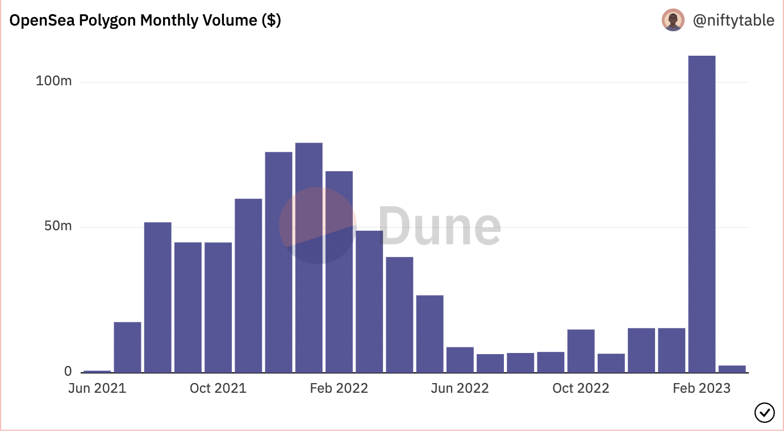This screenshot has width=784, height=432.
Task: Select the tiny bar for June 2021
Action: pos(97,371)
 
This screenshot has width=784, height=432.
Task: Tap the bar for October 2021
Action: pos(218,308)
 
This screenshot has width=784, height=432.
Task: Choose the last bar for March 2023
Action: pos(732,369)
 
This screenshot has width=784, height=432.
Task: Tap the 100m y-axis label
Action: pos(54,81)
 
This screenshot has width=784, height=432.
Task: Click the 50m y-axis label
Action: pos(58,226)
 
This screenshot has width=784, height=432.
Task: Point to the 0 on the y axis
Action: pos(68,371)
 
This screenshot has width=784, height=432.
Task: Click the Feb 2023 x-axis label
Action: pos(701,388)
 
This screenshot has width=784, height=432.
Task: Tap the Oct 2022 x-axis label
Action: pos(581,388)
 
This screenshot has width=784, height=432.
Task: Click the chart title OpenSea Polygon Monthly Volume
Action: pos(145,20)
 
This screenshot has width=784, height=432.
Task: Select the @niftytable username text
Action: pos(733,20)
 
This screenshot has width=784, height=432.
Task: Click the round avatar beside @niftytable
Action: pos(673,20)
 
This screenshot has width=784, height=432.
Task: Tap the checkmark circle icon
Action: pos(764,412)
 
